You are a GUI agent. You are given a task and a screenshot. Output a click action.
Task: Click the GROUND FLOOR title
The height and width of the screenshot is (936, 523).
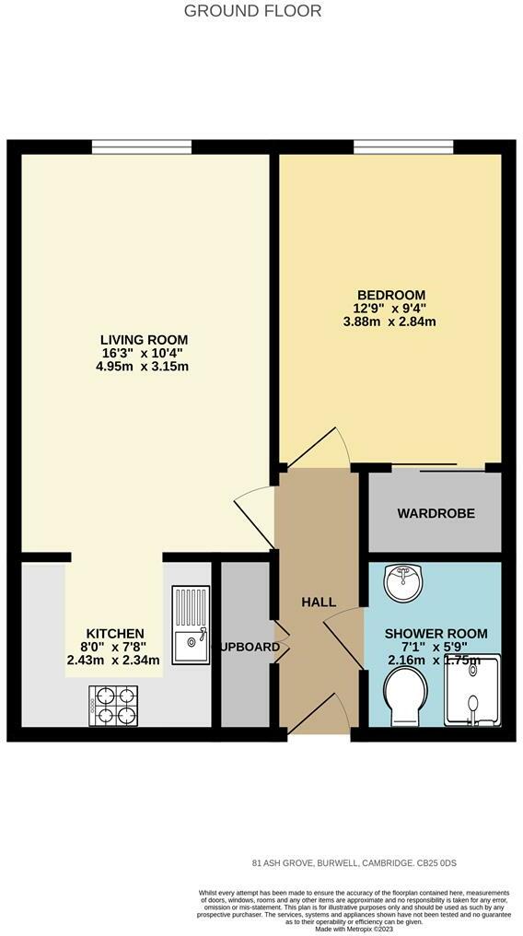(x=253, y=11)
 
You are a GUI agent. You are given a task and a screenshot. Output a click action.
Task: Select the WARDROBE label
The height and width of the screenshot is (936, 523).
(x=436, y=513)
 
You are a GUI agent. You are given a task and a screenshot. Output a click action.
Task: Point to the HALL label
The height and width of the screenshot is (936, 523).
(x=320, y=602)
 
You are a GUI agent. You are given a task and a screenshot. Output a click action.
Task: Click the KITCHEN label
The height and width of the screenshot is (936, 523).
(x=115, y=633)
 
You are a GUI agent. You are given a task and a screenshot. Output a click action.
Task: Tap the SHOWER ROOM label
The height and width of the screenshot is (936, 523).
(x=436, y=634)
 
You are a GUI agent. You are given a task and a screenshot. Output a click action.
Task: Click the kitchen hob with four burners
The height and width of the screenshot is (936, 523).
(x=114, y=705)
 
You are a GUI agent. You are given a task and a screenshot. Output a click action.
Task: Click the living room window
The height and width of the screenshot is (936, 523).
(x=142, y=146)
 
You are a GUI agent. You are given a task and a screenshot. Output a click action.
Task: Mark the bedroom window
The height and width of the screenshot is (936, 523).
(x=403, y=146)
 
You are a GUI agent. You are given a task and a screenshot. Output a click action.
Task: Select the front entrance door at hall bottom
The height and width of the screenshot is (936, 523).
(x=320, y=718)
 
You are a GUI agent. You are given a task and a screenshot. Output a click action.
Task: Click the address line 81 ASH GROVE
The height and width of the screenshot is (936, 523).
(x=354, y=863)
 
